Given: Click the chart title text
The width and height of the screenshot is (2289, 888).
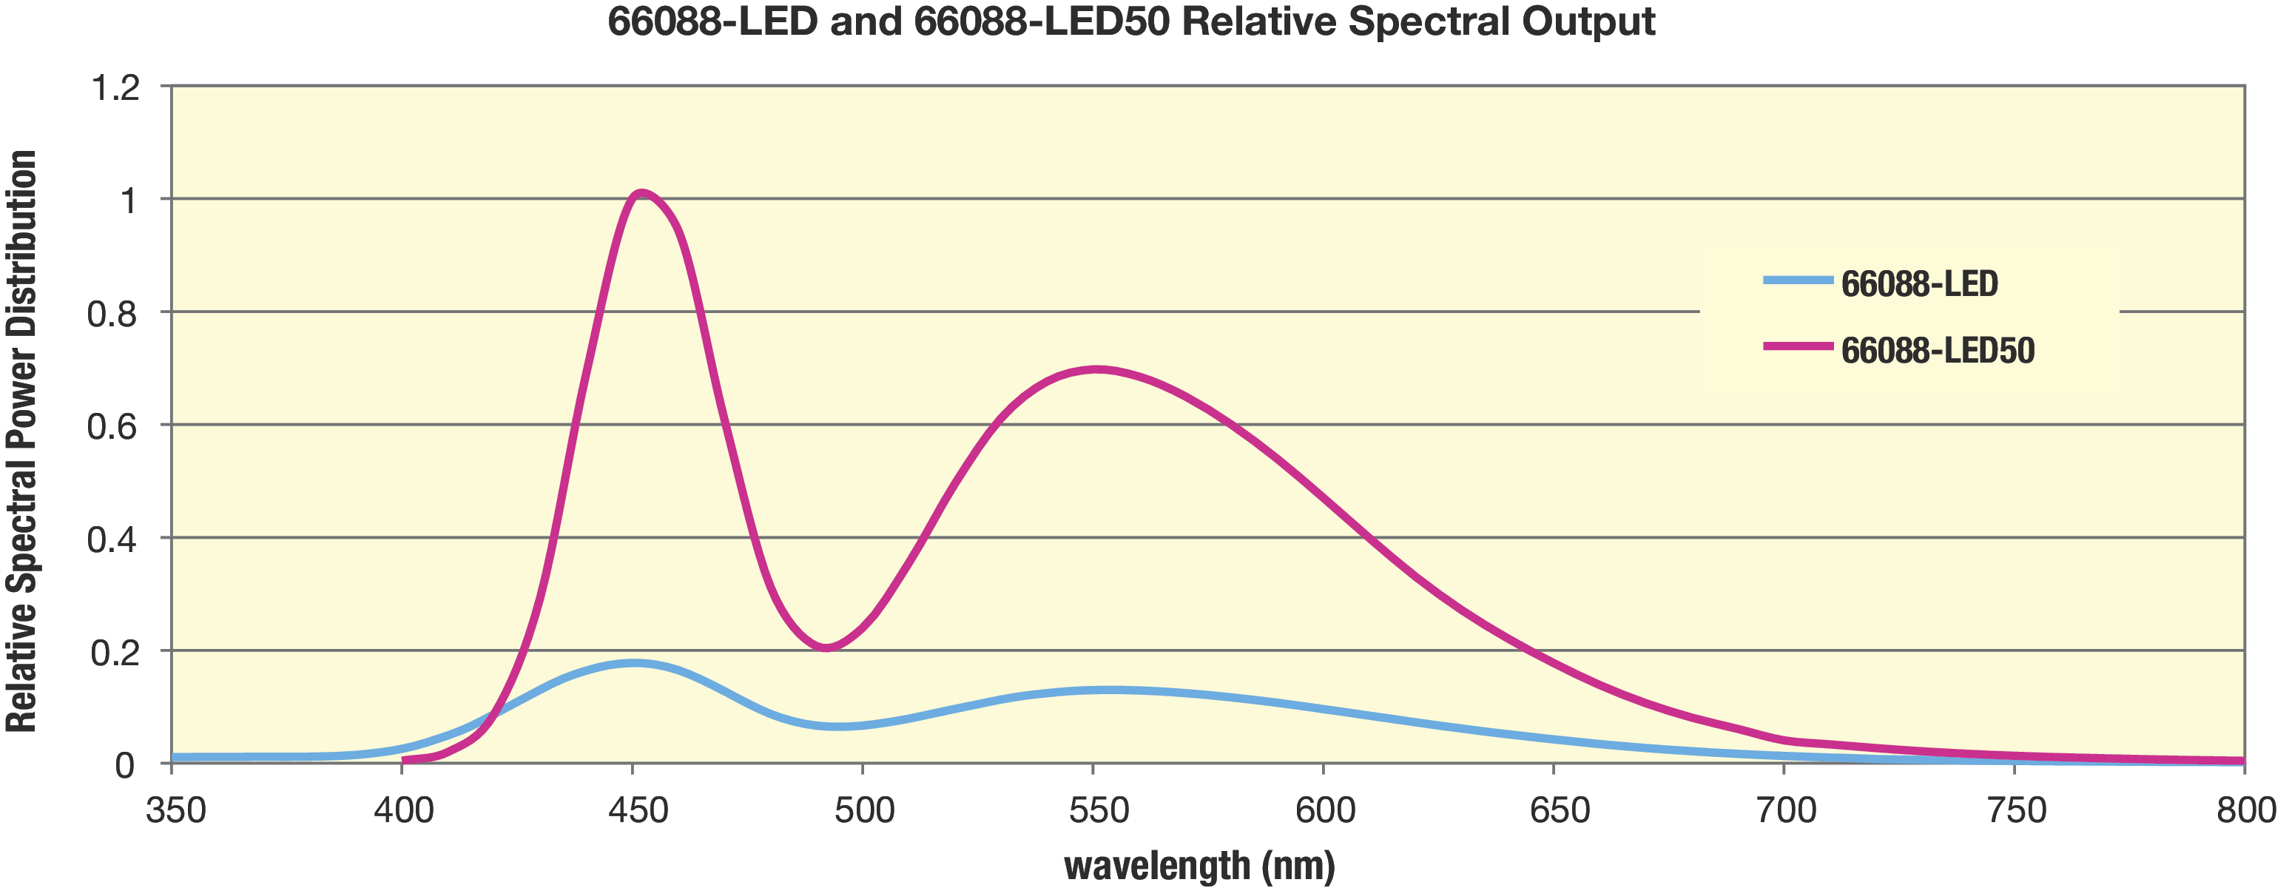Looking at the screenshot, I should (1130, 21).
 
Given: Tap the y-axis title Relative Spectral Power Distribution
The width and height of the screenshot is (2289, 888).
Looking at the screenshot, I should (21, 442).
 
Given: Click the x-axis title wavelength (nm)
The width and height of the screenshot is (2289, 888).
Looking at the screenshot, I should (1199, 865).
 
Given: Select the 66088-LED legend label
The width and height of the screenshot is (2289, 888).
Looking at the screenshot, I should (1919, 284).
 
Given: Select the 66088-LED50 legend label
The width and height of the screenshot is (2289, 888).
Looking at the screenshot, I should (1937, 351).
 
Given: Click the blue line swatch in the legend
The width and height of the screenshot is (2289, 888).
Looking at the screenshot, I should (1798, 281).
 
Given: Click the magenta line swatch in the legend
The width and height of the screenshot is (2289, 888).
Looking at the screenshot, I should (1798, 346).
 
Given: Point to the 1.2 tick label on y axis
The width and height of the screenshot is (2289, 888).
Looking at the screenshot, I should (115, 88).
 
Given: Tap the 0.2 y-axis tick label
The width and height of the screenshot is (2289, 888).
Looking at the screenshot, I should (114, 653).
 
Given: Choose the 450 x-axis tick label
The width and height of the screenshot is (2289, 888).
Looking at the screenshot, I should (637, 810).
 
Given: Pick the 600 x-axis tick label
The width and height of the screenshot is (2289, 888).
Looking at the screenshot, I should (1325, 810).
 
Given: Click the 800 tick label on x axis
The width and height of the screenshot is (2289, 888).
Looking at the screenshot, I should (2245, 810).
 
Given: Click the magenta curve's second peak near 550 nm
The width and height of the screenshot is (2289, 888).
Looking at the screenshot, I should (1096, 369).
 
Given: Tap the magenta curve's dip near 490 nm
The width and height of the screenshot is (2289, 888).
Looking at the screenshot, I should (826, 647).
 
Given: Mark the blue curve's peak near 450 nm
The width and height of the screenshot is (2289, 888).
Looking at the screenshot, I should (633, 663).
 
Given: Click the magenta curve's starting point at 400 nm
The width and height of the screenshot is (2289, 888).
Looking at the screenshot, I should (405, 760).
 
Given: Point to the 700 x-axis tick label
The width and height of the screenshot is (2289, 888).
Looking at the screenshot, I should (1786, 810).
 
